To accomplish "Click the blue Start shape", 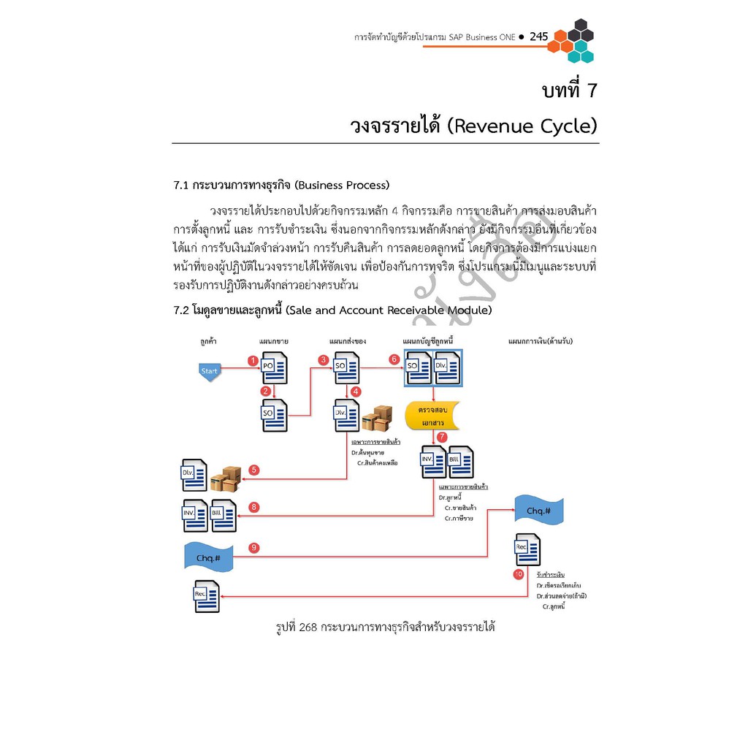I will pyautogui.click(x=209, y=371).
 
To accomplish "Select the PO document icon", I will pyautogui.click(x=274, y=368).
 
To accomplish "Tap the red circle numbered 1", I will pyautogui.click(x=253, y=361).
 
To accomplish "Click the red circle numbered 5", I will pyautogui.click(x=253, y=470).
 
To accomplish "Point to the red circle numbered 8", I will pyautogui.click(x=253, y=507).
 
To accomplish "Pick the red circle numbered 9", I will pyautogui.click(x=253, y=548).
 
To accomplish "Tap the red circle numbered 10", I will pyautogui.click(x=518, y=575).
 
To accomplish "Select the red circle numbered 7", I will pyautogui.click(x=442, y=437).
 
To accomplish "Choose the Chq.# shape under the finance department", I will pyautogui.click(x=538, y=511).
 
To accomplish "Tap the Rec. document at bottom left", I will pyautogui.click(x=206, y=596).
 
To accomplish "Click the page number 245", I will pyautogui.click(x=538, y=37).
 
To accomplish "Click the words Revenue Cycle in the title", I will pyautogui.click(x=521, y=126).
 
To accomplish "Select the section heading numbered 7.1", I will pyautogui.click(x=281, y=184).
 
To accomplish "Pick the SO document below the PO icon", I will pyautogui.click(x=274, y=416).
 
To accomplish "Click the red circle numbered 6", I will pyautogui.click(x=394, y=359).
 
